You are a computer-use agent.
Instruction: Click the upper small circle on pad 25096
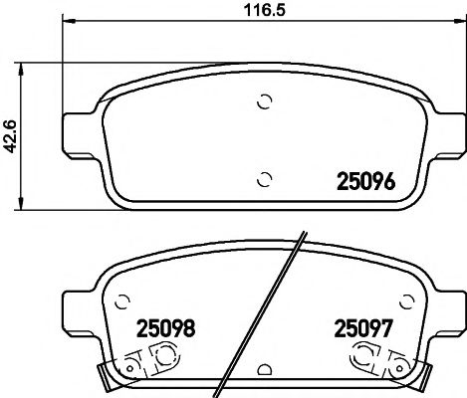[264, 100]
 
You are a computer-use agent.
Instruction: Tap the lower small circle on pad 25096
[264, 179]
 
